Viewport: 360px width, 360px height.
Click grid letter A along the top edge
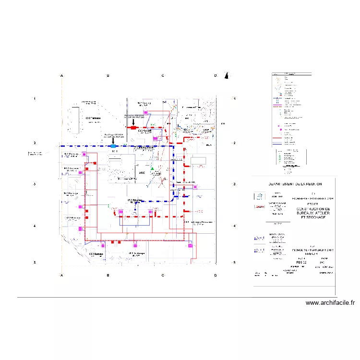[x=61, y=76]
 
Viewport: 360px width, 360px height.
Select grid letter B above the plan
[x=108, y=76]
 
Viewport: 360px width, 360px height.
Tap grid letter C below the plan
[x=163, y=275]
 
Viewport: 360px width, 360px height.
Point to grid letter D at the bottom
[x=216, y=275]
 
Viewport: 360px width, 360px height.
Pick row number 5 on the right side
[x=234, y=263]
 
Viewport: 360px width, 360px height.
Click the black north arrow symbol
[x=228, y=75]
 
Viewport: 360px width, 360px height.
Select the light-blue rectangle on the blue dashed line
[x=113, y=145]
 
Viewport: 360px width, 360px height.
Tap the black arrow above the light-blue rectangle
[x=113, y=140]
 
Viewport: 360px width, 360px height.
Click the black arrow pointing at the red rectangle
[x=133, y=123]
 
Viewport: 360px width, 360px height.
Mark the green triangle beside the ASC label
[x=152, y=169]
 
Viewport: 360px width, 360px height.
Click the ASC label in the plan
[x=142, y=173]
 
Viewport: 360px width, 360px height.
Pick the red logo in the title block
[x=259, y=206]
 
